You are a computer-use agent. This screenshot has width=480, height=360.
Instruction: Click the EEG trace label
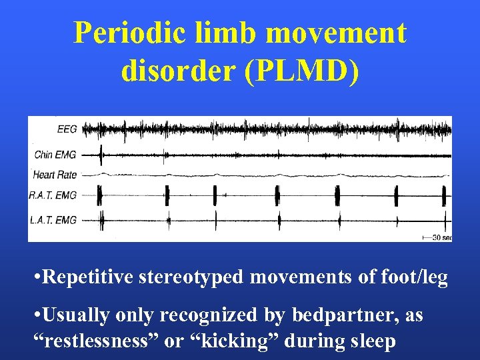(x=67, y=129)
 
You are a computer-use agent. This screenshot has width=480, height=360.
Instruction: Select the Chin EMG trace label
(x=55, y=155)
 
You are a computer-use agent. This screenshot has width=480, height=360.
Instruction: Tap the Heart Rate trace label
(x=55, y=175)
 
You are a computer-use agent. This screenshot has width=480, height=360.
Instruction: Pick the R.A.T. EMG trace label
(x=53, y=195)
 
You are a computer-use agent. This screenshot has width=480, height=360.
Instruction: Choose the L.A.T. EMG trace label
(x=53, y=219)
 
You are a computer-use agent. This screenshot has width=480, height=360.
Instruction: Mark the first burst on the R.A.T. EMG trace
(x=100, y=195)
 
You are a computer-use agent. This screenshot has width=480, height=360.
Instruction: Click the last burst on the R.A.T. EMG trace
(x=444, y=195)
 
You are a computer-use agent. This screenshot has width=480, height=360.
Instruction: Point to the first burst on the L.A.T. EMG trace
(x=103, y=219)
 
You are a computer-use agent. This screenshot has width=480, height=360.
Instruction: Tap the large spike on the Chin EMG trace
(x=101, y=155)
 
